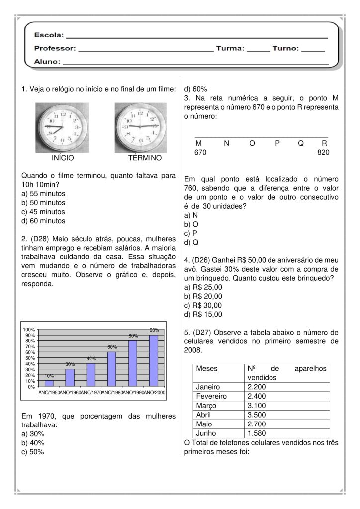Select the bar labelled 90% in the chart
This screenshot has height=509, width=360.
[154, 360]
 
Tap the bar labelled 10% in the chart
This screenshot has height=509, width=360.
[49, 383]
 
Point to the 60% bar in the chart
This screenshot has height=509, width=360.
[112, 369]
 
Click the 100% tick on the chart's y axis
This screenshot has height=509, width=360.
[28, 330]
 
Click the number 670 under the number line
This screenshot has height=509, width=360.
[200, 152]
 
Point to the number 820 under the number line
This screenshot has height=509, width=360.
[323, 152]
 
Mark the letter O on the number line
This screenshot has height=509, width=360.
[252, 143]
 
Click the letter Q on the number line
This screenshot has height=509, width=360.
[301, 143]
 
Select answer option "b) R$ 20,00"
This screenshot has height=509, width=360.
[203, 296]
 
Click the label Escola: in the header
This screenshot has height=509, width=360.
[49, 36]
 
